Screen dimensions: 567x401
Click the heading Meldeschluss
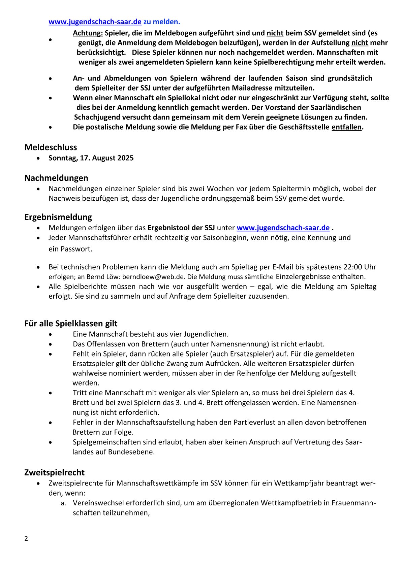pyautogui.click(x=51, y=147)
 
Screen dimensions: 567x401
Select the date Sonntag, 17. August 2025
pyautogui.click(x=91, y=158)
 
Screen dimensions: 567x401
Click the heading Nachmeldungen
pyautogui.click(x=56, y=178)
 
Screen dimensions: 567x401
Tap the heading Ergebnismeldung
pyautogui.click(x=58, y=217)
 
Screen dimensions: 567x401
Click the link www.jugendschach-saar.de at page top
pyautogui.click(x=95, y=22)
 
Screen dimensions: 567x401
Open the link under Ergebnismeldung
pyautogui.click(x=283, y=228)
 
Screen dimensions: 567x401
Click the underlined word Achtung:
pyautogui.click(x=88, y=33)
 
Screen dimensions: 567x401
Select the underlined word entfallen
pyautogui.click(x=346, y=127)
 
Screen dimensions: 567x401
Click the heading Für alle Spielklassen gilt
pyautogui.click(x=71, y=323)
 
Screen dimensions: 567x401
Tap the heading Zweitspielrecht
pyautogui.click(x=54, y=472)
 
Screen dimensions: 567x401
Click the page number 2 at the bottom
pyautogui.click(x=26, y=538)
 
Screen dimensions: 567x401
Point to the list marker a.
pyautogui.click(x=63, y=503)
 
